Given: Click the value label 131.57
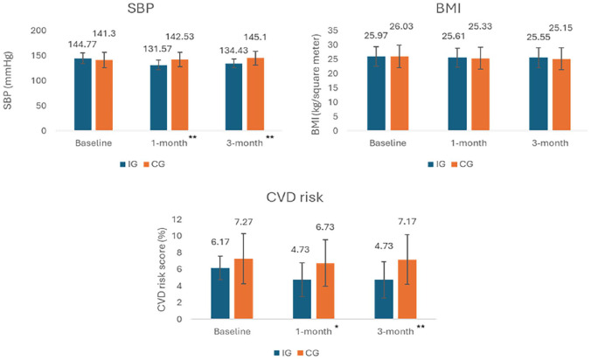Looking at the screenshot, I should tap(158, 47).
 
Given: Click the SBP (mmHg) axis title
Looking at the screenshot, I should tap(11, 80).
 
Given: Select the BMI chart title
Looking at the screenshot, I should tap(446, 10).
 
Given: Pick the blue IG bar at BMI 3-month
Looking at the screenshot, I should tap(541, 94).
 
